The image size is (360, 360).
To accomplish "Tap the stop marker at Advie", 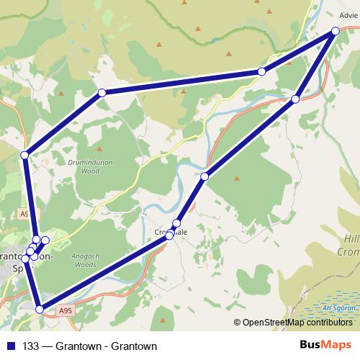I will click(335, 31).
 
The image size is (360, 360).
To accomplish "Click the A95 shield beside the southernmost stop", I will click(66, 310).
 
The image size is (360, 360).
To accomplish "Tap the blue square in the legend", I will click(10, 346).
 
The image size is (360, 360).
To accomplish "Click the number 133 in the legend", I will click(31, 346).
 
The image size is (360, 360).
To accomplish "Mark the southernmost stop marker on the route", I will click(40, 309).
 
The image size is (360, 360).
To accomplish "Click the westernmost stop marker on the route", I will click(24, 155).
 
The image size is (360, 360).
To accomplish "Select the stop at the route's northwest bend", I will click(102, 92).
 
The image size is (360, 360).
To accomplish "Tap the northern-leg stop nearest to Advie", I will click(261, 71).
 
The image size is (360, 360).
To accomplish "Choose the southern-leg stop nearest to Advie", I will click(296, 99).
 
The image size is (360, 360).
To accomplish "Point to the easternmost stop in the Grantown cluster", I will click(45, 240).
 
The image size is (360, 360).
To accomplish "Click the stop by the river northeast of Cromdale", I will click(204, 176).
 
